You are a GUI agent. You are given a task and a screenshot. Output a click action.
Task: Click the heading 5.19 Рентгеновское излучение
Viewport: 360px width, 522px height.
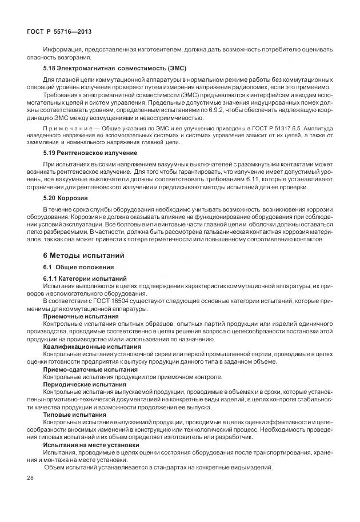click(90, 153)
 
